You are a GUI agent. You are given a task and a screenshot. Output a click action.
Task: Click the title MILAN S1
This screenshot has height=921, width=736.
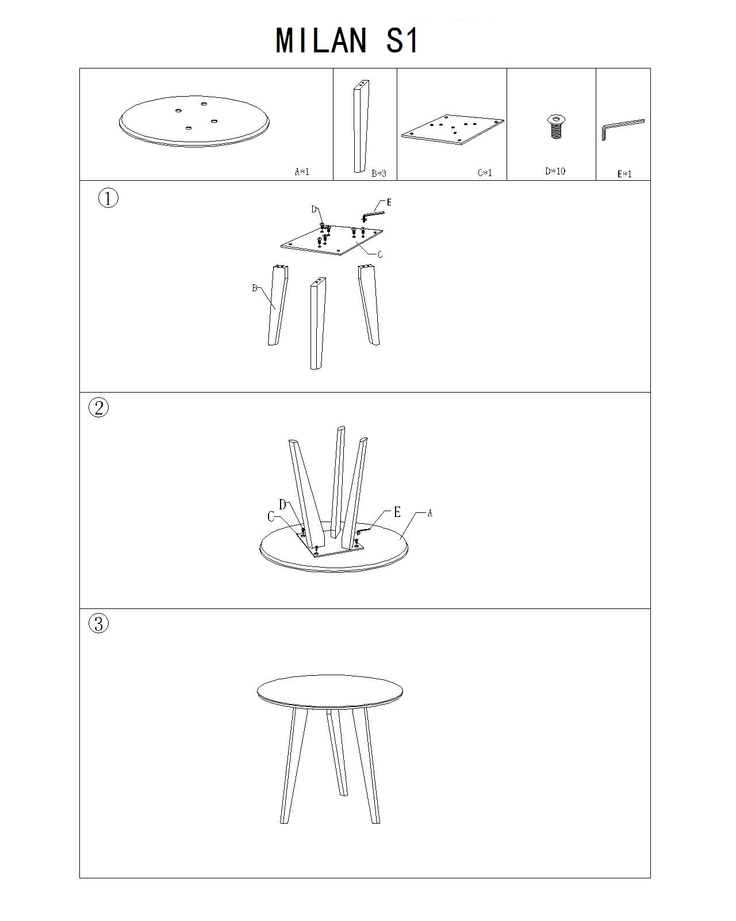point(347,40)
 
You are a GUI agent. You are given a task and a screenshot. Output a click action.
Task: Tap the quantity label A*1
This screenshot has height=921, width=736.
point(302,172)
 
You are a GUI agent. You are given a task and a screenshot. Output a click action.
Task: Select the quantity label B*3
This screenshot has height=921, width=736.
point(379,173)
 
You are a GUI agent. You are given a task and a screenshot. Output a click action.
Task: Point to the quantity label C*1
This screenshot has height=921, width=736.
point(485,173)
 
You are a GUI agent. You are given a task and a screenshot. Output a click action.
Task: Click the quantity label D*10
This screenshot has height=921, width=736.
point(555,171)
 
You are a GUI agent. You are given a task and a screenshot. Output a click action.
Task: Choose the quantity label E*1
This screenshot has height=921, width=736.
point(624,174)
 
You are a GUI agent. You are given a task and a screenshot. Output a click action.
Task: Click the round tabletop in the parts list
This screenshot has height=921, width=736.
point(194,121)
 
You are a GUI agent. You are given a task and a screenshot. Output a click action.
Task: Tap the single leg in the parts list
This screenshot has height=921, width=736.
point(361,126)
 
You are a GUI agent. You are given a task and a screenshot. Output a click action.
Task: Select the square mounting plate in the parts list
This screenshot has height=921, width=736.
point(453,130)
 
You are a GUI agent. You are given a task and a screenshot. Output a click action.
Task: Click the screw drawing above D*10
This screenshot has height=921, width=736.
point(555,127)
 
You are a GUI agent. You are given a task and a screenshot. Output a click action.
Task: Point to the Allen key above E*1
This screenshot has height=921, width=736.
point(623,129)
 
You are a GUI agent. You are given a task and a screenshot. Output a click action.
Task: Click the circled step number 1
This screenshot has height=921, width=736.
point(108,198)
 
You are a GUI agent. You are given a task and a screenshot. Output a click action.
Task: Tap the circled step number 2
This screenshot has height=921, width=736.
point(99,408)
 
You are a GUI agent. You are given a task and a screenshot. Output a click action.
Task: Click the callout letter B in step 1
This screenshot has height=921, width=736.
point(255,288)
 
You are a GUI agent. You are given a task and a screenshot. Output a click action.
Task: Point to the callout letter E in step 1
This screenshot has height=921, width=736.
point(389,202)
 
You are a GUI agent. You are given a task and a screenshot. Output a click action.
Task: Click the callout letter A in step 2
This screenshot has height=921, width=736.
point(430,513)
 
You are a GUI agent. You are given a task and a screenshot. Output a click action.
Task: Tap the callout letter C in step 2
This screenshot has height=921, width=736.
point(271,516)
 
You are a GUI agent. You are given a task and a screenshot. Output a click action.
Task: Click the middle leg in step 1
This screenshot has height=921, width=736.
point(318,323)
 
